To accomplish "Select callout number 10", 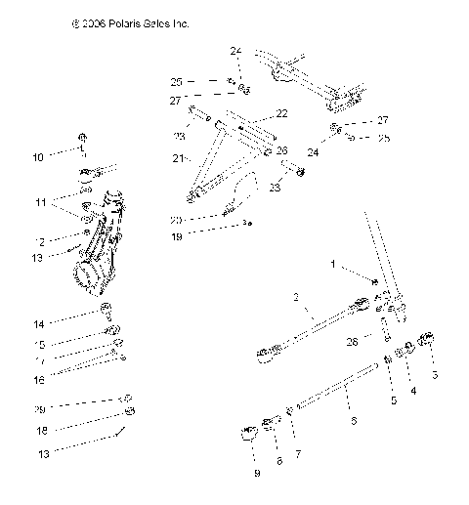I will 37,155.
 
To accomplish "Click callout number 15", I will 37,344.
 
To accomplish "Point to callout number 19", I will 176,235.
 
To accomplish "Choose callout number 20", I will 176,219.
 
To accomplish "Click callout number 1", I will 331,264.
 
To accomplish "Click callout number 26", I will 281,150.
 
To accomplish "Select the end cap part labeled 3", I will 427,342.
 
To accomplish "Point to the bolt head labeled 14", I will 104,314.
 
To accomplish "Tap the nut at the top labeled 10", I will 83,136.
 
